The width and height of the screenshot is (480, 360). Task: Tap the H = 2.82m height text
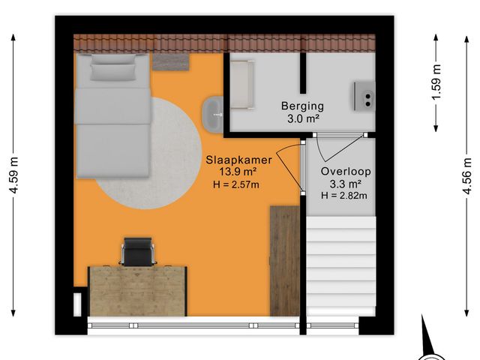tap(343, 195)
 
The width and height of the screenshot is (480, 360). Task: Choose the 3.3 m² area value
tap(346, 183)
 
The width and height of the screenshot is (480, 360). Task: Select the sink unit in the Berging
tap(365, 95)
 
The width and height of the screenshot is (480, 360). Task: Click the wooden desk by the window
tap(136, 291)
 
